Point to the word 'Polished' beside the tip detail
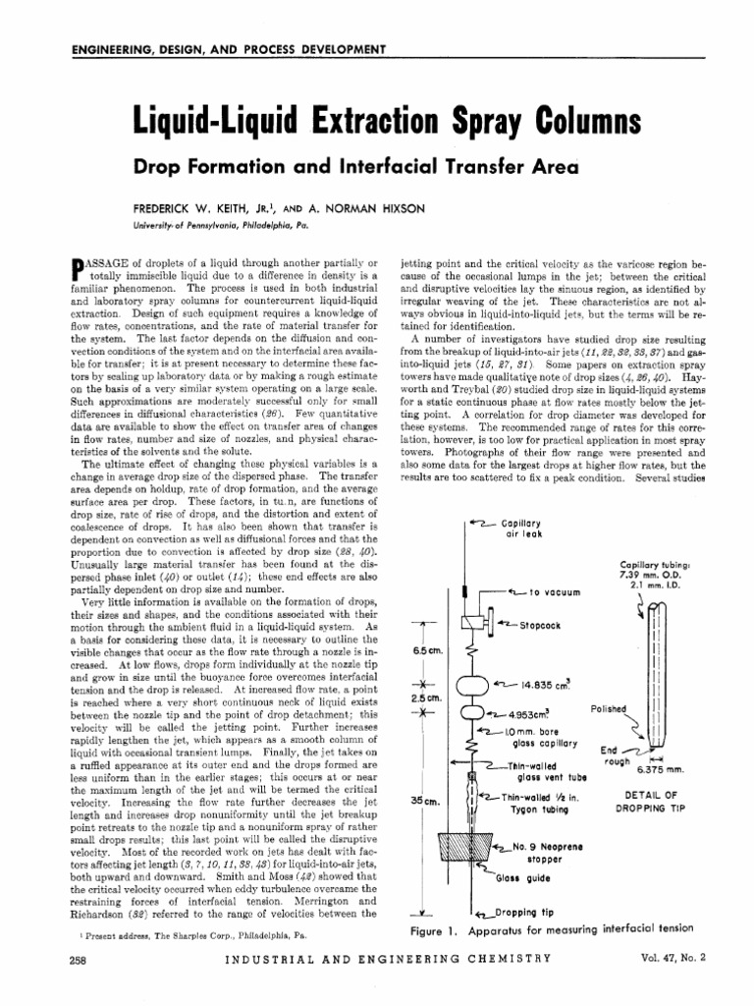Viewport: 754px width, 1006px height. point(609,708)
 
